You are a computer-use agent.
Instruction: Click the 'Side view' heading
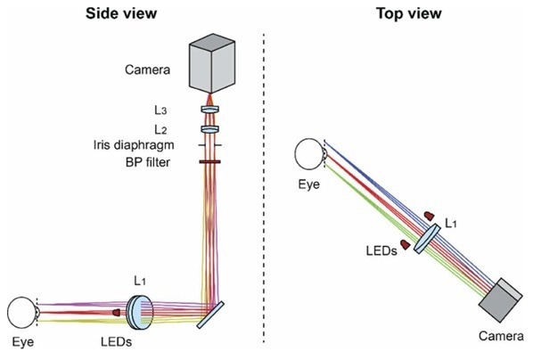[x=121, y=13]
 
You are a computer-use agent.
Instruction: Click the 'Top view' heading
[x=409, y=13]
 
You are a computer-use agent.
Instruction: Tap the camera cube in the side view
[x=212, y=63]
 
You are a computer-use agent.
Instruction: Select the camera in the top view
[x=500, y=299]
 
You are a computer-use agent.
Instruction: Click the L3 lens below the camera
[x=209, y=110]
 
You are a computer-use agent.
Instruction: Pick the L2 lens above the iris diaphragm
[x=209, y=129]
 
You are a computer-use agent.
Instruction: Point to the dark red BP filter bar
[x=209, y=162]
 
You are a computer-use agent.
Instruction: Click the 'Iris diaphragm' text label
[x=134, y=145]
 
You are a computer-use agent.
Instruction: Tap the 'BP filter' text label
[x=148, y=162]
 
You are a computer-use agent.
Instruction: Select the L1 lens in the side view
[x=140, y=313]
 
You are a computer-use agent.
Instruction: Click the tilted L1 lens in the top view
[x=427, y=238]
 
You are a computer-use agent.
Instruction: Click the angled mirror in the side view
[x=210, y=315]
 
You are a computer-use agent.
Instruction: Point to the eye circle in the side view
[x=22, y=313]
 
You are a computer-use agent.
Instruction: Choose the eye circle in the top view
[x=309, y=154]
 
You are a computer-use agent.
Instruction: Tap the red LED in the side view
[x=116, y=312]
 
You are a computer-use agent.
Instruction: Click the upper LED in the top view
[x=429, y=216]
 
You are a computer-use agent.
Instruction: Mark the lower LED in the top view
[x=405, y=244]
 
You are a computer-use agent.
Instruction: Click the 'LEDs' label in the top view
[x=381, y=251]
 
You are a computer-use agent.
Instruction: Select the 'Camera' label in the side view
[x=147, y=70]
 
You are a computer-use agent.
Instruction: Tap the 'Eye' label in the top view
[x=309, y=184]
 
